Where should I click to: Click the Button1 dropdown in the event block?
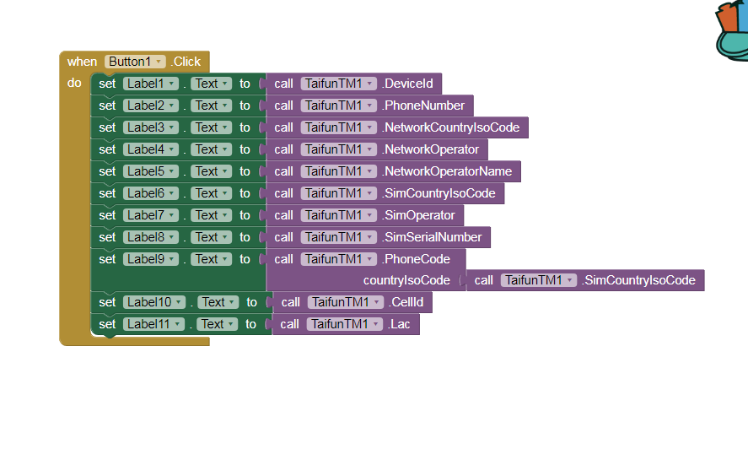coord(135,62)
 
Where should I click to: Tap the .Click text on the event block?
coord(186,62)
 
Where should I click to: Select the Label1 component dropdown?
coord(151,84)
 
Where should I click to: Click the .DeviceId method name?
coord(407,84)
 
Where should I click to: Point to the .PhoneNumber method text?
coord(423,106)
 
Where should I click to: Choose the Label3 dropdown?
coord(151,127)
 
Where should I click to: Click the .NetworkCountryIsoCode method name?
coord(451,127)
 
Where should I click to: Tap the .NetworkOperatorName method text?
coord(447,171)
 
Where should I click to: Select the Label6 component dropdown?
coord(151,193)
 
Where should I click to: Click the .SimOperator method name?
coord(418,215)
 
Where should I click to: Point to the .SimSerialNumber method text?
coord(432,237)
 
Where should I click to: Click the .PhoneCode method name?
coord(416,259)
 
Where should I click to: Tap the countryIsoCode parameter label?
coord(406,280)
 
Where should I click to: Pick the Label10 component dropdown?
coord(154,302)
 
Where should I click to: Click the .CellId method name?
coord(406,302)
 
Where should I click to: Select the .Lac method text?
coord(399,324)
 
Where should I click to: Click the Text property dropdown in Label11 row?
coord(217,324)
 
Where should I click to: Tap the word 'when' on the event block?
coord(82,62)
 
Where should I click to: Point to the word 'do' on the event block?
coord(74,83)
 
